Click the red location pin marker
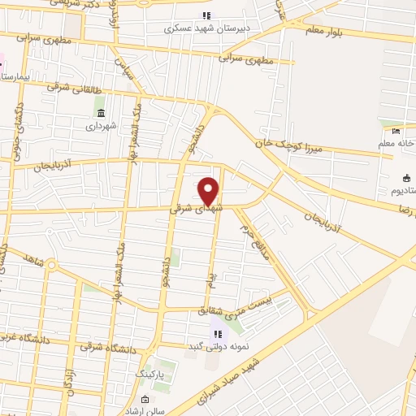(209, 190)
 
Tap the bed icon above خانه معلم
(396, 132)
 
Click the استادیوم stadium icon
(406, 179)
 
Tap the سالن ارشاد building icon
(144, 400)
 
